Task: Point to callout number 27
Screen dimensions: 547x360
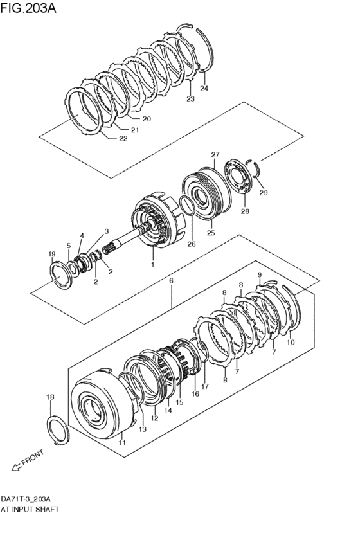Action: coord(215,154)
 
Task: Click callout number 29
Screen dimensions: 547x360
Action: coord(263,193)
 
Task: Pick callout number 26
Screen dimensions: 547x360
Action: coord(191,244)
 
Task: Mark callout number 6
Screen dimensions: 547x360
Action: coord(171,281)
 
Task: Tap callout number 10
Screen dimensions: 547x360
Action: coord(291,343)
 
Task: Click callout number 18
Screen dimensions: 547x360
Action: coord(50,398)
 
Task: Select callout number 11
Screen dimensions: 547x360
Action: coord(123,444)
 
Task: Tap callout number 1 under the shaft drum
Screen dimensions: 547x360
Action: coord(152,264)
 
